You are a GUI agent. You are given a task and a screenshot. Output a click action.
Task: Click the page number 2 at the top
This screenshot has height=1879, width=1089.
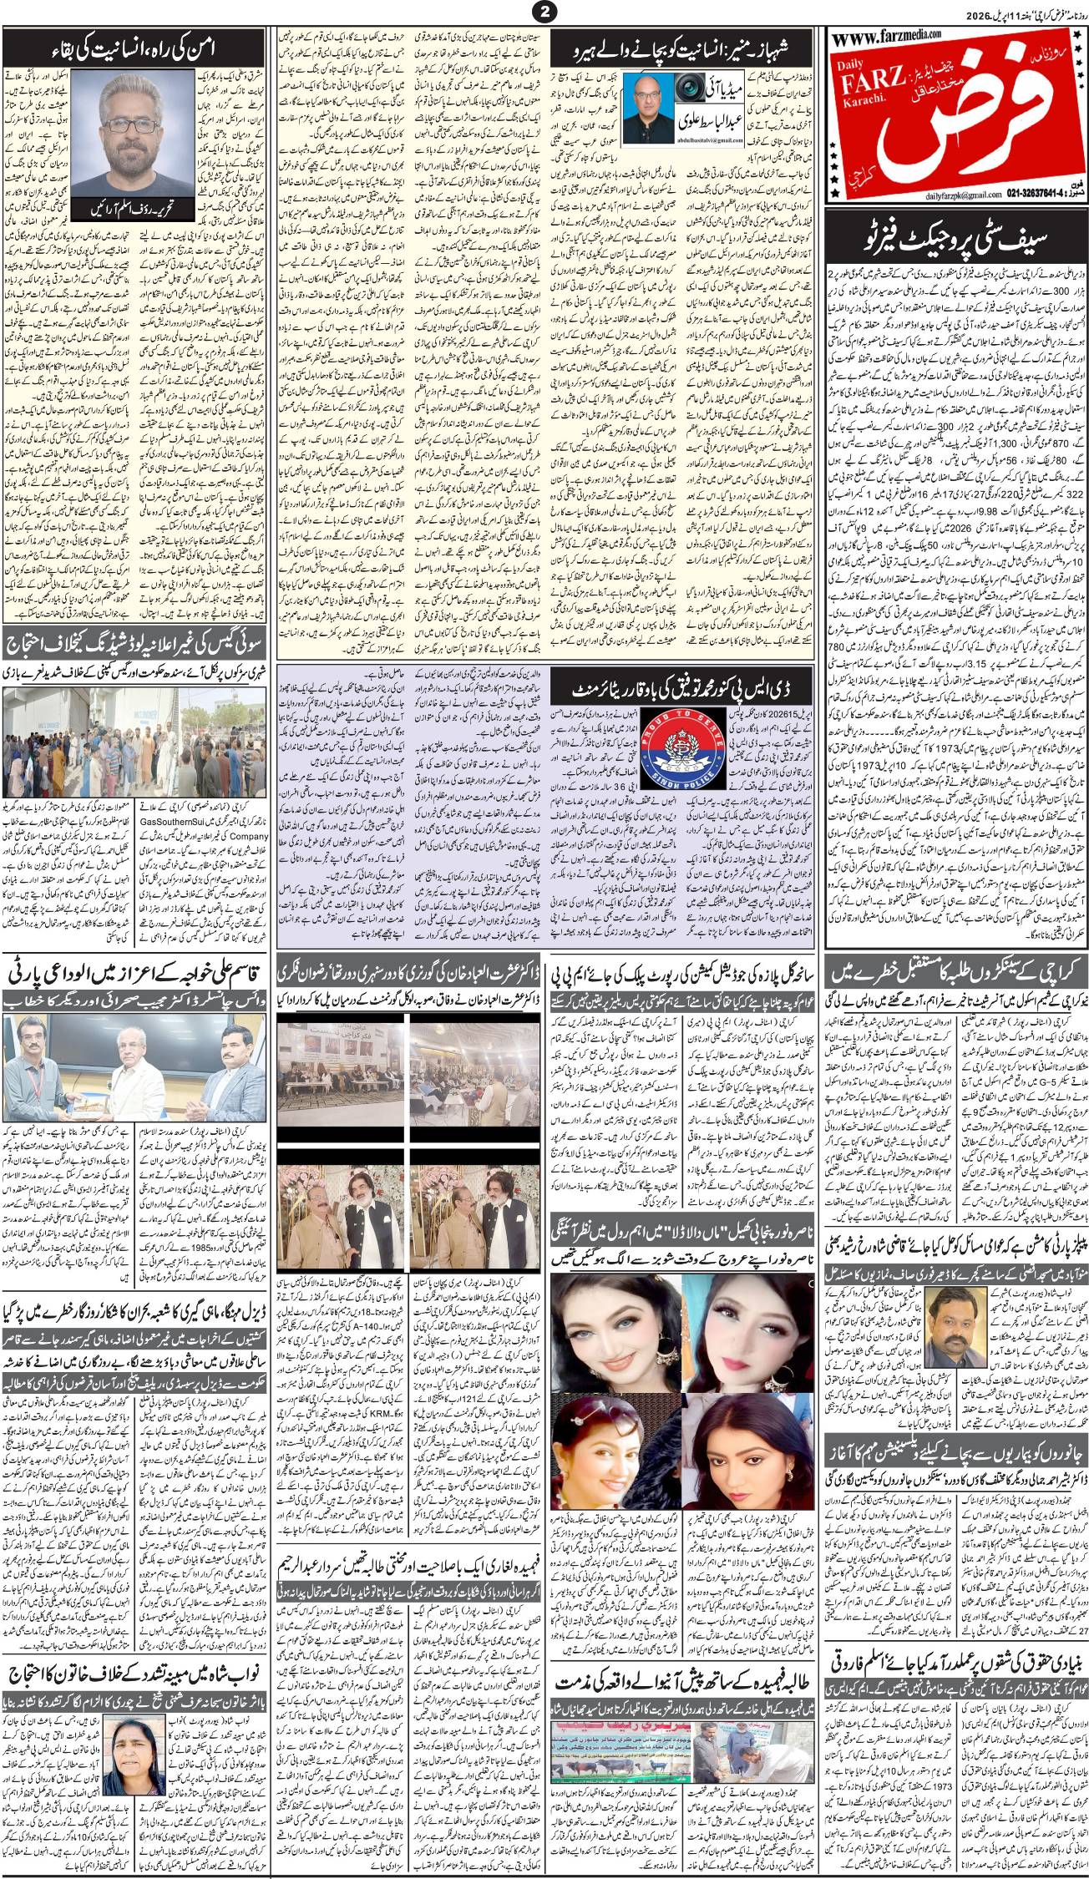(544, 11)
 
